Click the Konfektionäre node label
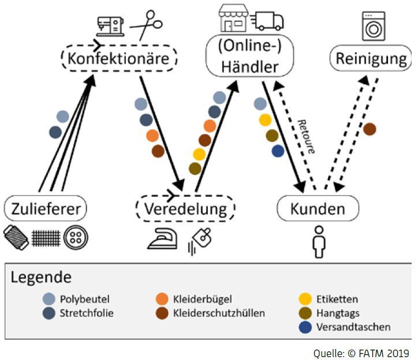click(x=118, y=58)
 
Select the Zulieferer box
click(x=45, y=208)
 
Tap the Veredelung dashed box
click(x=185, y=208)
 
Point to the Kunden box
click(x=318, y=208)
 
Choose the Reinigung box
click(x=371, y=58)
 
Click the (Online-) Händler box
click(x=250, y=56)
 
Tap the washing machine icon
click(x=374, y=26)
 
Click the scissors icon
click(x=146, y=25)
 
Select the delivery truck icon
click(x=268, y=21)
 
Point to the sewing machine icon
click(x=110, y=26)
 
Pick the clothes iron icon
click(x=163, y=238)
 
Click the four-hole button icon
click(x=76, y=238)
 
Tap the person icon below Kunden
click(x=319, y=242)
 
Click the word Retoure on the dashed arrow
click(x=307, y=136)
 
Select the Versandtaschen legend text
click(x=353, y=327)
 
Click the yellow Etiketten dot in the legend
click(x=305, y=299)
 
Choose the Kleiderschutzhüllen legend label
click(x=219, y=313)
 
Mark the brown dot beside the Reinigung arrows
click(x=370, y=129)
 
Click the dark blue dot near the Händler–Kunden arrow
click(x=278, y=151)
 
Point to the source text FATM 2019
click(x=384, y=353)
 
